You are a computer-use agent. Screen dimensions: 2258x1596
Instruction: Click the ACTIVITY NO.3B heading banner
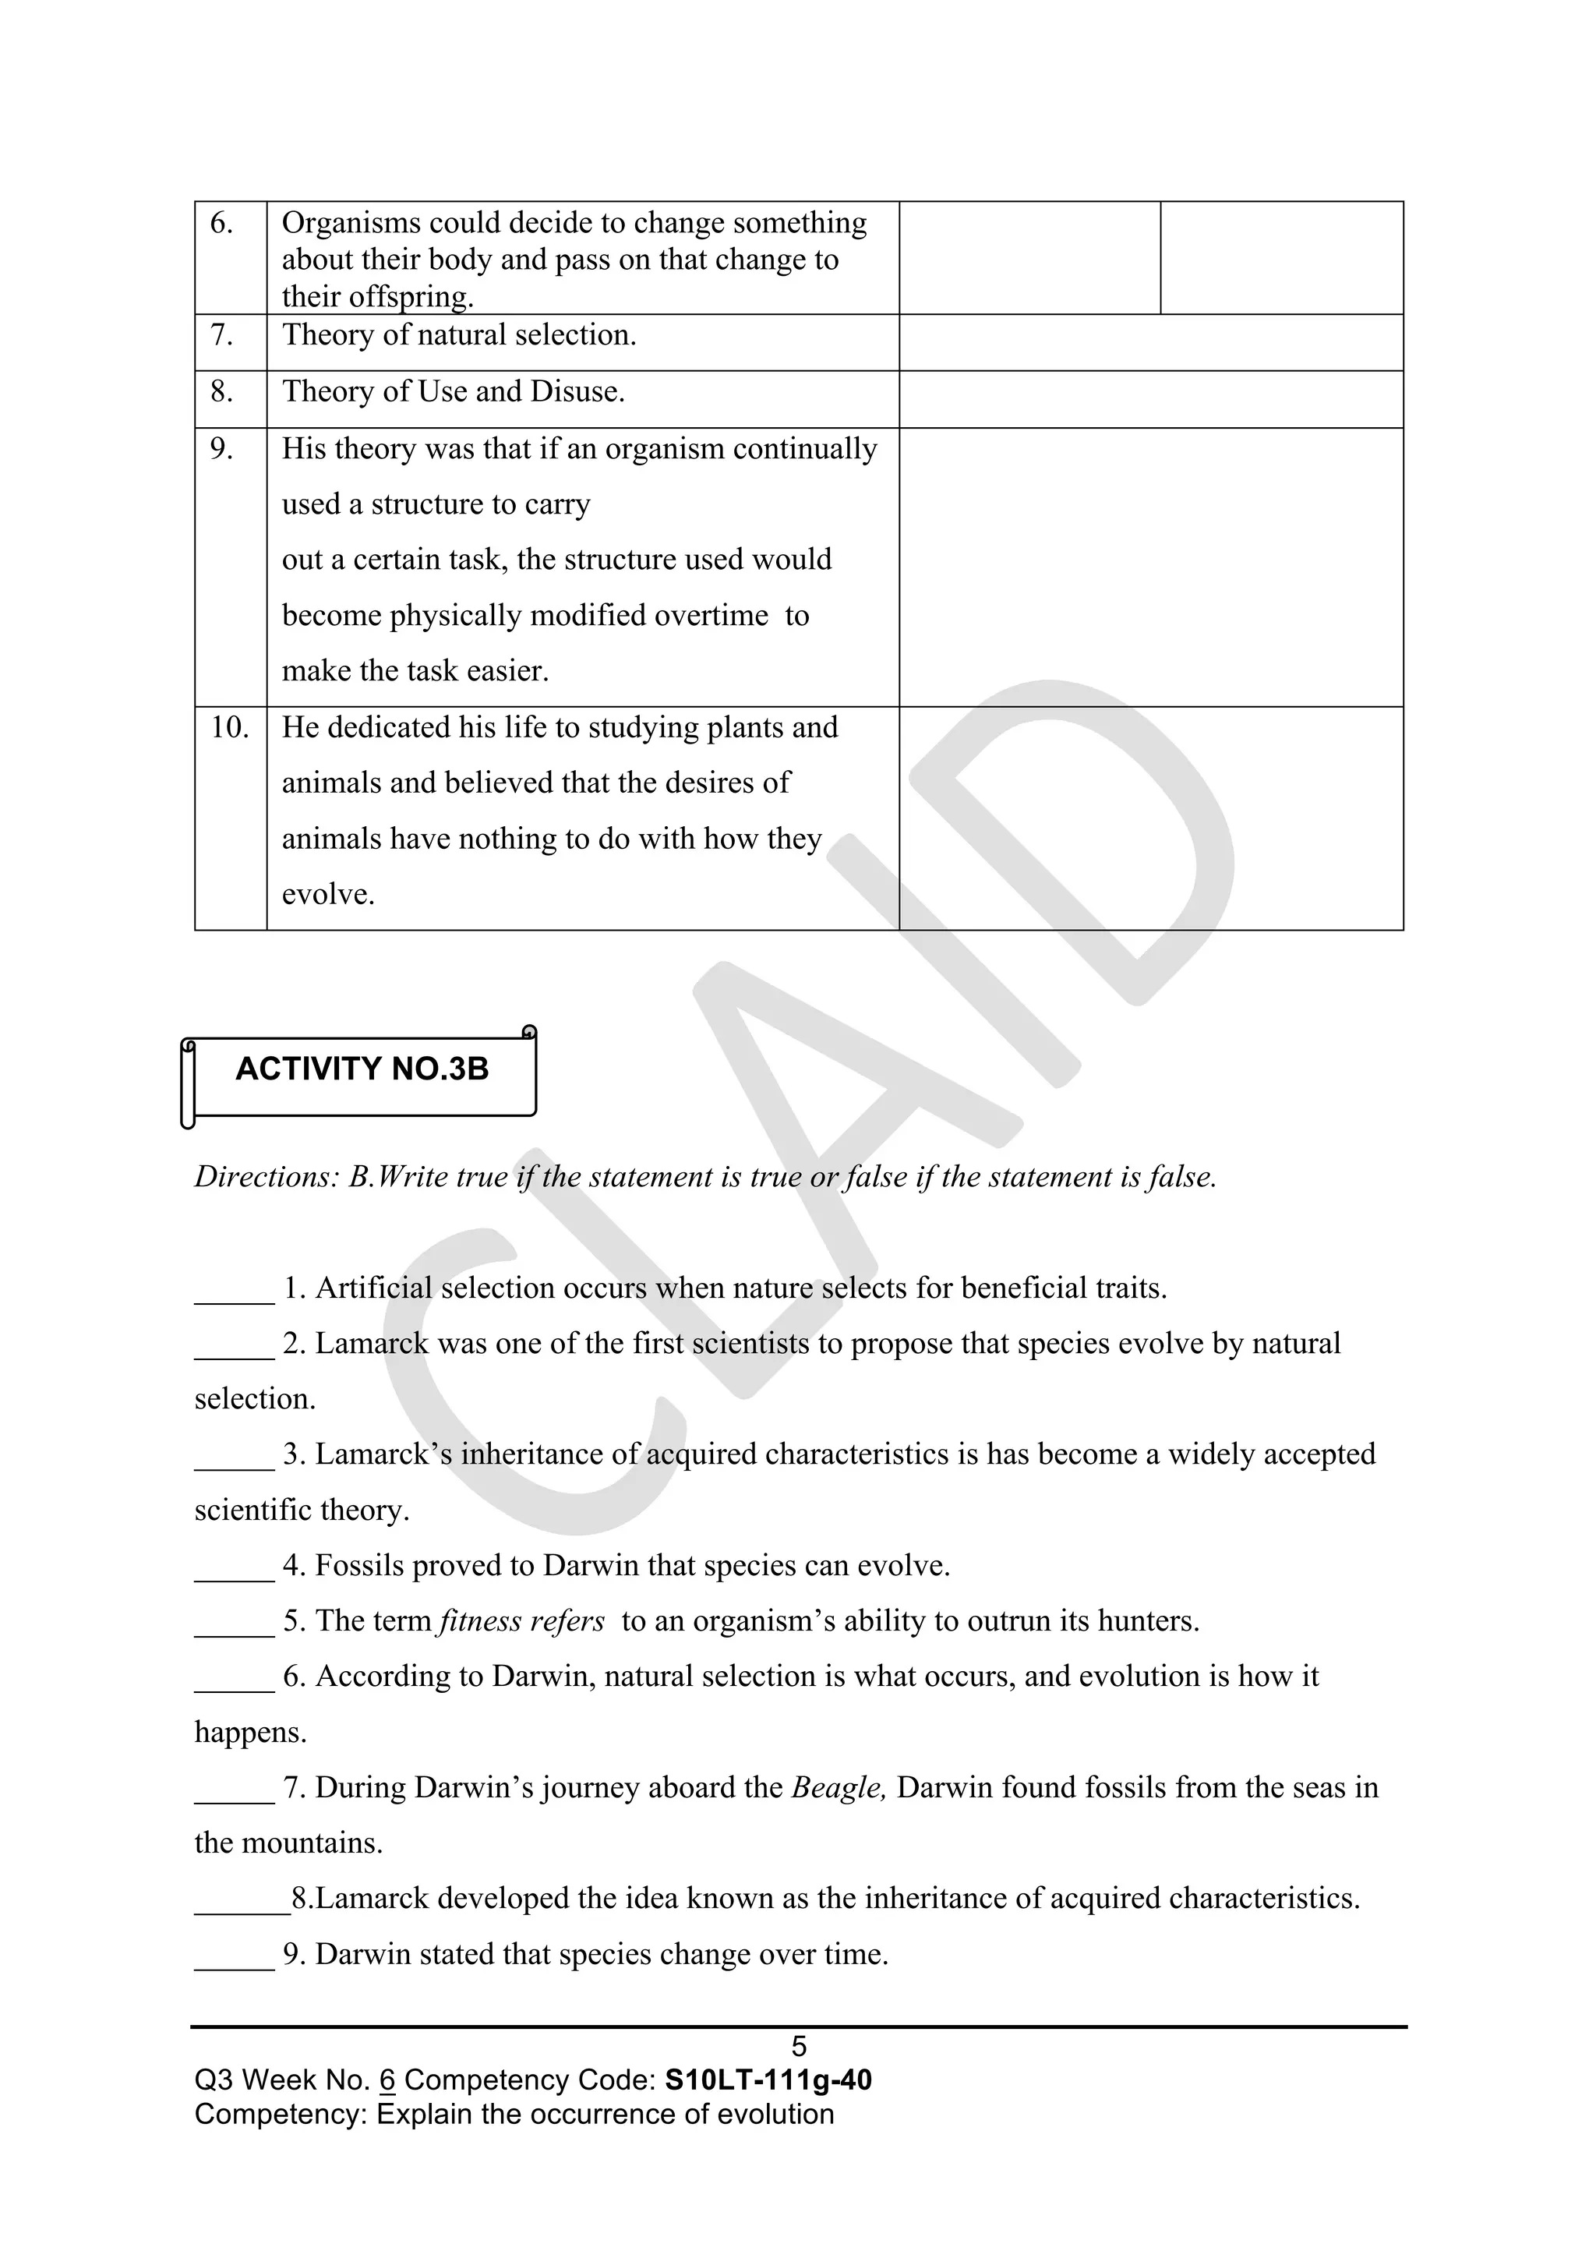click(362, 1069)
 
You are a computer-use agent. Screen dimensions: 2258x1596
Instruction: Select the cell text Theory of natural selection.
click(459, 335)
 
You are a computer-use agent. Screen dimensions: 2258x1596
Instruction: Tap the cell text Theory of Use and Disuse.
click(454, 391)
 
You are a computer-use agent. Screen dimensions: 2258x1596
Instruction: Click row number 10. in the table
click(230, 728)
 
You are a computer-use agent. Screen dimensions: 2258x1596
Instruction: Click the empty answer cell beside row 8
click(1150, 399)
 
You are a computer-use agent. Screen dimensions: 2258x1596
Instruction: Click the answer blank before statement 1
click(234, 1290)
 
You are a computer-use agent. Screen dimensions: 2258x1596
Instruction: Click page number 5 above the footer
click(799, 2048)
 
